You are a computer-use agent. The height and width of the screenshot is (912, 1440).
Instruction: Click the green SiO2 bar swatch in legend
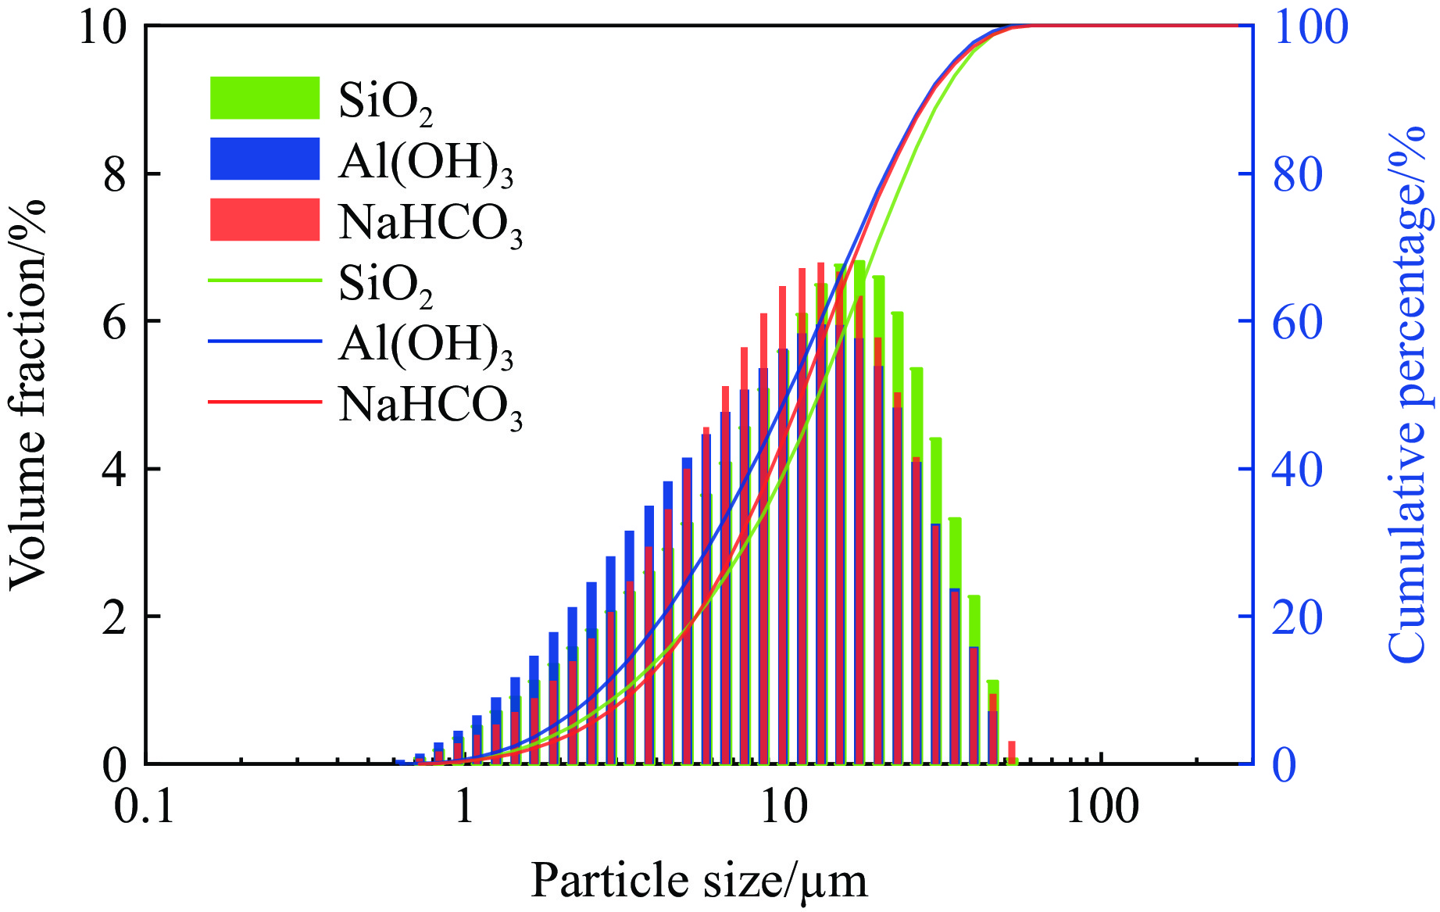(x=265, y=98)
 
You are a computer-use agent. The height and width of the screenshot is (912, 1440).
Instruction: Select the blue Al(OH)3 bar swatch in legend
(x=265, y=159)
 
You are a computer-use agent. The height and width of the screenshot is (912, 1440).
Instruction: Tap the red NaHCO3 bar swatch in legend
(x=265, y=219)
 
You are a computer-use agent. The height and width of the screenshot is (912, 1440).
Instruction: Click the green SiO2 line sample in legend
(x=265, y=280)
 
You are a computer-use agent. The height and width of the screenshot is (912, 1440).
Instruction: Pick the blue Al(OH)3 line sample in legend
(x=265, y=341)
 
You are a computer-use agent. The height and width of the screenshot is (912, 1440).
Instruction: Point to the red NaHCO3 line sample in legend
(x=265, y=402)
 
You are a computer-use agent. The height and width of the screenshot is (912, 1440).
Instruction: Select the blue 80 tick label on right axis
(x=1299, y=174)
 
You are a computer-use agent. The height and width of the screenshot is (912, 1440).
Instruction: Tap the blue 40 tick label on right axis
(x=1299, y=469)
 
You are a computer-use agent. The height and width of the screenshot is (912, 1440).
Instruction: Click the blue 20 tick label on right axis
(x=1299, y=617)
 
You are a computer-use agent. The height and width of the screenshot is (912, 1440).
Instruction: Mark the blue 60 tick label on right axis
(x=1299, y=321)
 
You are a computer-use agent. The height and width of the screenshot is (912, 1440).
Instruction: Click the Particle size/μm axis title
(x=699, y=882)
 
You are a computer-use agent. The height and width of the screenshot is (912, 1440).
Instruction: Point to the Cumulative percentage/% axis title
(x=1411, y=395)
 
